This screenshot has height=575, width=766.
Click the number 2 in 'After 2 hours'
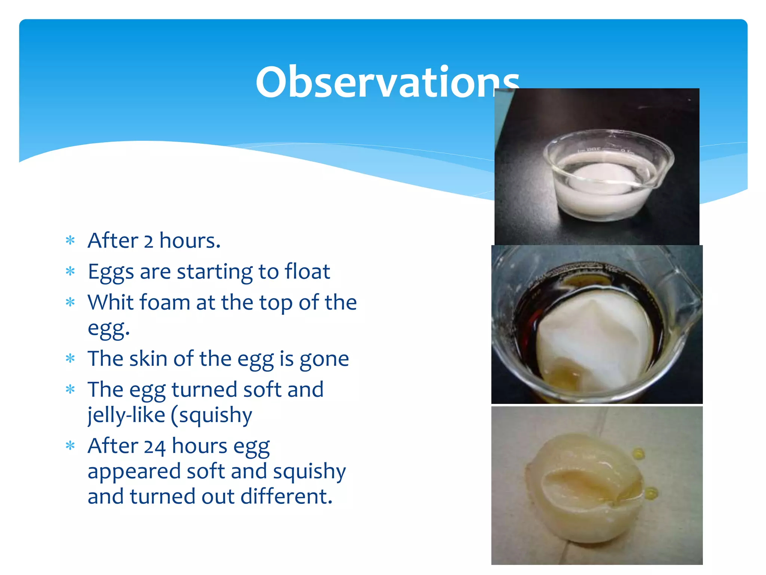(148, 241)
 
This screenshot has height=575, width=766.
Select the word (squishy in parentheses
(212, 416)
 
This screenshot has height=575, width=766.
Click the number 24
(154, 446)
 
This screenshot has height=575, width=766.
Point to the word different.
(286, 497)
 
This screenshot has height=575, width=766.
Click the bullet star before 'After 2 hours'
(70, 241)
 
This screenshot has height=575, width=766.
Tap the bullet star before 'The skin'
(70, 359)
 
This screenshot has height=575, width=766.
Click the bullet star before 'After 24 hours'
(70, 446)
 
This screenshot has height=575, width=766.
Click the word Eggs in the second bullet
(111, 272)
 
